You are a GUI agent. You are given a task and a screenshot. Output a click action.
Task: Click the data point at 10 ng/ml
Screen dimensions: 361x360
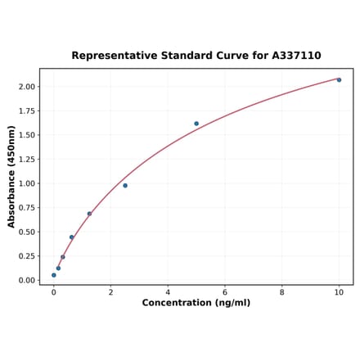coord(339,79)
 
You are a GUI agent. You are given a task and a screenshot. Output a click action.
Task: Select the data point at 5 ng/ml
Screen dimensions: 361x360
coord(196,124)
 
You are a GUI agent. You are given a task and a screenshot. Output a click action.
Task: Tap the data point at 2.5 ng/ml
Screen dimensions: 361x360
coord(125,186)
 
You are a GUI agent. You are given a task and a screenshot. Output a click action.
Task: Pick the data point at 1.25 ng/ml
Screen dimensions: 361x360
coord(89,214)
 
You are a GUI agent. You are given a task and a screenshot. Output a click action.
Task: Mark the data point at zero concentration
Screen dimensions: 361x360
coord(54,275)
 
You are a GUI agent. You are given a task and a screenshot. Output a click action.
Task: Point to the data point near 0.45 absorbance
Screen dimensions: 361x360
coord(71,237)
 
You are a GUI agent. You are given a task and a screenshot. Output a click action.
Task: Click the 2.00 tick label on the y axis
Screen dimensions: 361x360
coord(26,87)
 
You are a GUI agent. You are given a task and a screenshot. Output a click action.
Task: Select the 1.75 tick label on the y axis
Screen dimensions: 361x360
coord(26,111)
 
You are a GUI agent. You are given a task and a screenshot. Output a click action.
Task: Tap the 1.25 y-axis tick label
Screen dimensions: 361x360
coord(26,160)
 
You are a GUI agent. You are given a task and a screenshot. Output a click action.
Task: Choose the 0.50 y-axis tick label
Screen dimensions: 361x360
coord(26,232)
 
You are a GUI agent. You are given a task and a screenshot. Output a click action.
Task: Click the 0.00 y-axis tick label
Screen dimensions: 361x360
coord(26,281)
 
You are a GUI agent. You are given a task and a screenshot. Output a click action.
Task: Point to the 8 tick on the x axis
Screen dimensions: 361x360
coord(282,291)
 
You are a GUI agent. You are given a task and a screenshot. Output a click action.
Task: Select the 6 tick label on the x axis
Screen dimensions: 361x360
coord(225,291)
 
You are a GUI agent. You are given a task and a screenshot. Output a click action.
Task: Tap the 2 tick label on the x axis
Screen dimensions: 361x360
coord(111,291)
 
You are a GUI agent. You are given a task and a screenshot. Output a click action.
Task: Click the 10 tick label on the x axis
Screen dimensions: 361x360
coord(339,291)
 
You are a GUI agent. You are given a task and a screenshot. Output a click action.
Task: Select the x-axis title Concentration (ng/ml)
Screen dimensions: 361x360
coord(196,303)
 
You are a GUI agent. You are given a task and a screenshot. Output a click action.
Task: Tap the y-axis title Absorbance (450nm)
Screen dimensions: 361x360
coord(11,177)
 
